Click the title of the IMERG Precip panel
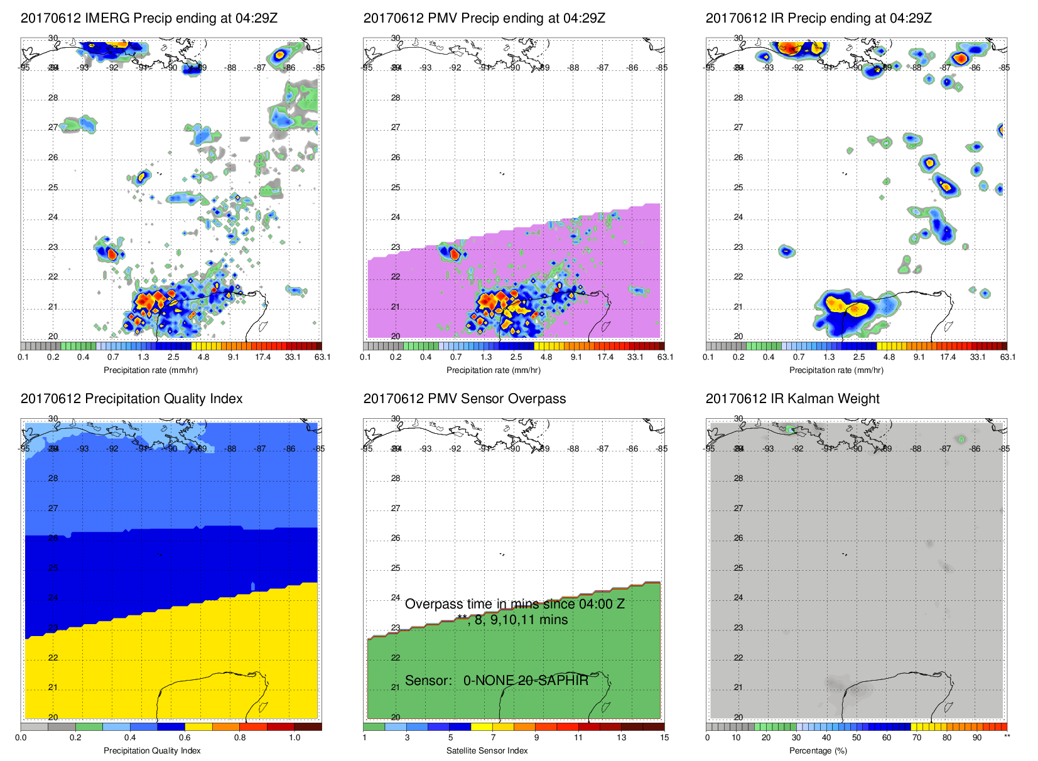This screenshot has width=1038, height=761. click(x=149, y=18)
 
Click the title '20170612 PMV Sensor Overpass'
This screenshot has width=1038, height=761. click(x=464, y=399)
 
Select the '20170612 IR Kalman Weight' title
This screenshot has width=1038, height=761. click(x=792, y=399)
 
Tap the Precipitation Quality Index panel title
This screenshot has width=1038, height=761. click(x=131, y=399)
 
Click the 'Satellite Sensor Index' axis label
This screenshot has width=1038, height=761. click(x=487, y=750)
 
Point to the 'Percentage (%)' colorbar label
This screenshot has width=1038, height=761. click(x=818, y=750)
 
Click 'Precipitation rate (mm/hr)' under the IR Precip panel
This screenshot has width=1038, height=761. click(x=836, y=370)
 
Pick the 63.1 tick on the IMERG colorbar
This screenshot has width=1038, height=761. click(x=322, y=357)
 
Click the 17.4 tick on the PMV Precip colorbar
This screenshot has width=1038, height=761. click(x=605, y=357)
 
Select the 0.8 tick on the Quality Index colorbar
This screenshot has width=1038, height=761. click(x=240, y=738)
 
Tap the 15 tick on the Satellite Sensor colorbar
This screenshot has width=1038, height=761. click(x=664, y=738)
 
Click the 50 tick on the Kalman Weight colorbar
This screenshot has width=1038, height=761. click(x=856, y=738)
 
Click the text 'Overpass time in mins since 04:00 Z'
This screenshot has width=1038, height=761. click(x=514, y=604)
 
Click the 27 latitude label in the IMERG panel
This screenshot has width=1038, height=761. click(x=53, y=127)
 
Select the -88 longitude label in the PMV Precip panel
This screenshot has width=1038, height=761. click(x=573, y=68)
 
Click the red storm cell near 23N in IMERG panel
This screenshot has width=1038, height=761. click(x=112, y=254)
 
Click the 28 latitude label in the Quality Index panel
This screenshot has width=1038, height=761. click(x=53, y=478)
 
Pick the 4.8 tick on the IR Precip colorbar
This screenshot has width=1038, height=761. click(x=889, y=357)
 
